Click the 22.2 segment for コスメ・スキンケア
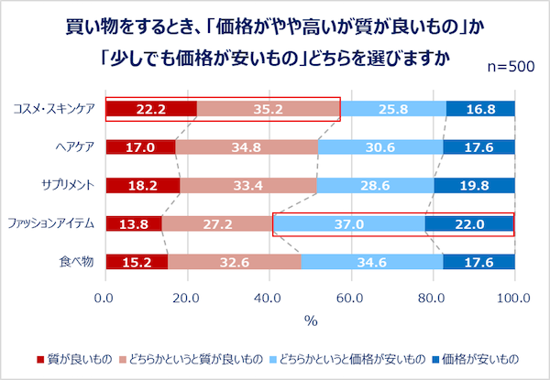click(150, 109)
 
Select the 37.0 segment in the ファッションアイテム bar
click(349, 223)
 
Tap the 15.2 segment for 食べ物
click(137, 262)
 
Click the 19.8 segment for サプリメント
click(474, 185)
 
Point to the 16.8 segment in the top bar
click(480, 109)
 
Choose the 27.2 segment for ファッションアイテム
click(217, 223)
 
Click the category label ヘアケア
click(72, 147)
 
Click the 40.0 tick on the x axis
click(269, 297)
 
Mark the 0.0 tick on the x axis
click(105, 297)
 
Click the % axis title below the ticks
click(310, 320)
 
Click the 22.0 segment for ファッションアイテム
click(467, 223)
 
